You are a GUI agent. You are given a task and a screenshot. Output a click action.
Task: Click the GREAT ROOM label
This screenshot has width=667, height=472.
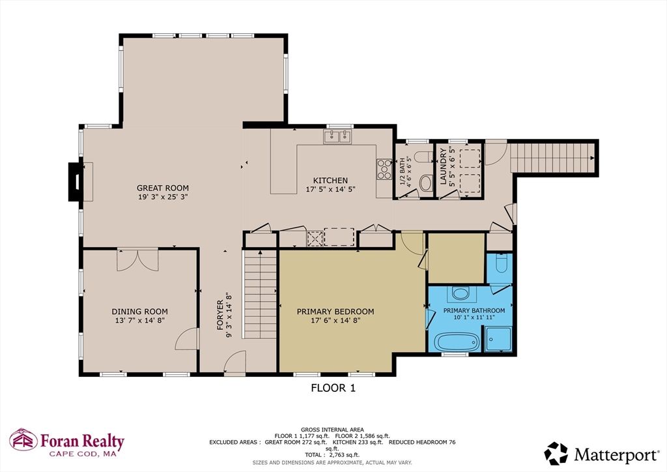tap(162, 188)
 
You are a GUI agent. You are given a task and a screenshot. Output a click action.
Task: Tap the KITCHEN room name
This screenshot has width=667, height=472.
tap(330, 181)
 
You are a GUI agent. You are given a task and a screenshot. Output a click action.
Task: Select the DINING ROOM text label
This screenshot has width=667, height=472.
tap(139, 312)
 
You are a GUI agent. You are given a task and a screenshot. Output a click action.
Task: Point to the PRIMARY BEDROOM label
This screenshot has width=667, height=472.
tap(335, 312)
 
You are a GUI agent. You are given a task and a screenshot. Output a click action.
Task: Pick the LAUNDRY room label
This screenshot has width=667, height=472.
tap(443, 168)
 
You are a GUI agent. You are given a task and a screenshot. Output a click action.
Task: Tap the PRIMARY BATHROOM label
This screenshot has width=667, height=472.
tap(474, 310)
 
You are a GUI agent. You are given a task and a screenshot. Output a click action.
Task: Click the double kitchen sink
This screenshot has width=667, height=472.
tap(337, 137)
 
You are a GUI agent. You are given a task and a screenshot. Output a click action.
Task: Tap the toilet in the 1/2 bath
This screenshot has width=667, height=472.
tap(425, 183)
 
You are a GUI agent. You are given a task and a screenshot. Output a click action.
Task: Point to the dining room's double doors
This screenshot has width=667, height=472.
tap(137, 259)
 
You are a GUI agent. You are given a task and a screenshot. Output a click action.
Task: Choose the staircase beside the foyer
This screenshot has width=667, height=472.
tap(260, 296)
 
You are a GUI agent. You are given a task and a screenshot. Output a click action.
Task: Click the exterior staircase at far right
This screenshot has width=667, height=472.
tap(553, 157)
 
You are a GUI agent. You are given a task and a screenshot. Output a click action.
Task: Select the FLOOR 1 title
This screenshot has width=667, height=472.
tap(333, 388)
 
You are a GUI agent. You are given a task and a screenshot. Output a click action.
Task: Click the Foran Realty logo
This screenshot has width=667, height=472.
tap(66, 441)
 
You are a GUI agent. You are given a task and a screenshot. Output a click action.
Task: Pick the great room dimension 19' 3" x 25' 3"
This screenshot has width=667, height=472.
tap(162, 197)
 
